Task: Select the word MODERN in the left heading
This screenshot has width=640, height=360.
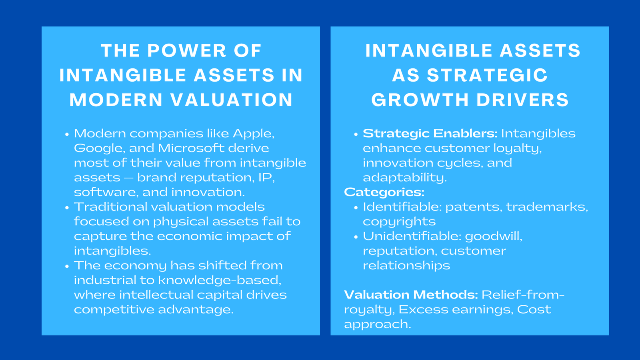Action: pyautogui.click(x=116, y=100)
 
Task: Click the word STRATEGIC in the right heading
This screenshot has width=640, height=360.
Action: pyautogui.click(x=487, y=76)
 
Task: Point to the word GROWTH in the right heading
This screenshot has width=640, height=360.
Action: pyautogui.click(x=420, y=100)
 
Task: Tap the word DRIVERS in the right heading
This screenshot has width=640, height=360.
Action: pyautogui.click(x=522, y=100)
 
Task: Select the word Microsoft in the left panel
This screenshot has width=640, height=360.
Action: pyautogui.click(x=191, y=148)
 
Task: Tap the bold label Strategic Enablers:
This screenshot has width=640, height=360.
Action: pyautogui.click(x=430, y=134)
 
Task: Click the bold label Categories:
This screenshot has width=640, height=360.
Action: pyautogui.click(x=384, y=192)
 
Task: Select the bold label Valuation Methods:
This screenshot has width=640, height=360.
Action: pyautogui.click(x=411, y=295)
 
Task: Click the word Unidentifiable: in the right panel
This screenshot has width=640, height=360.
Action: pyautogui.click(x=412, y=236)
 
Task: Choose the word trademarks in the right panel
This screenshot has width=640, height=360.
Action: pyautogui.click(x=546, y=207)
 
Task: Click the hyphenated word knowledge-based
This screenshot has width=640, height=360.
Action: pyautogui.click(x=220, y=280)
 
